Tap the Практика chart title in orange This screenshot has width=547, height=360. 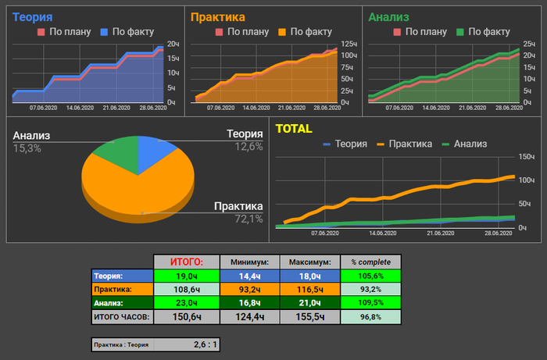217,16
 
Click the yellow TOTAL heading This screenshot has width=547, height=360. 294,129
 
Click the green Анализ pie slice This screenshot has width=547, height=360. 114,153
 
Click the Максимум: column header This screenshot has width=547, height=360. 306,262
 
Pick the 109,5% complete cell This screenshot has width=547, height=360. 370,302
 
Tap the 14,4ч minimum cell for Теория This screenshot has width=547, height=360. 245,276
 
